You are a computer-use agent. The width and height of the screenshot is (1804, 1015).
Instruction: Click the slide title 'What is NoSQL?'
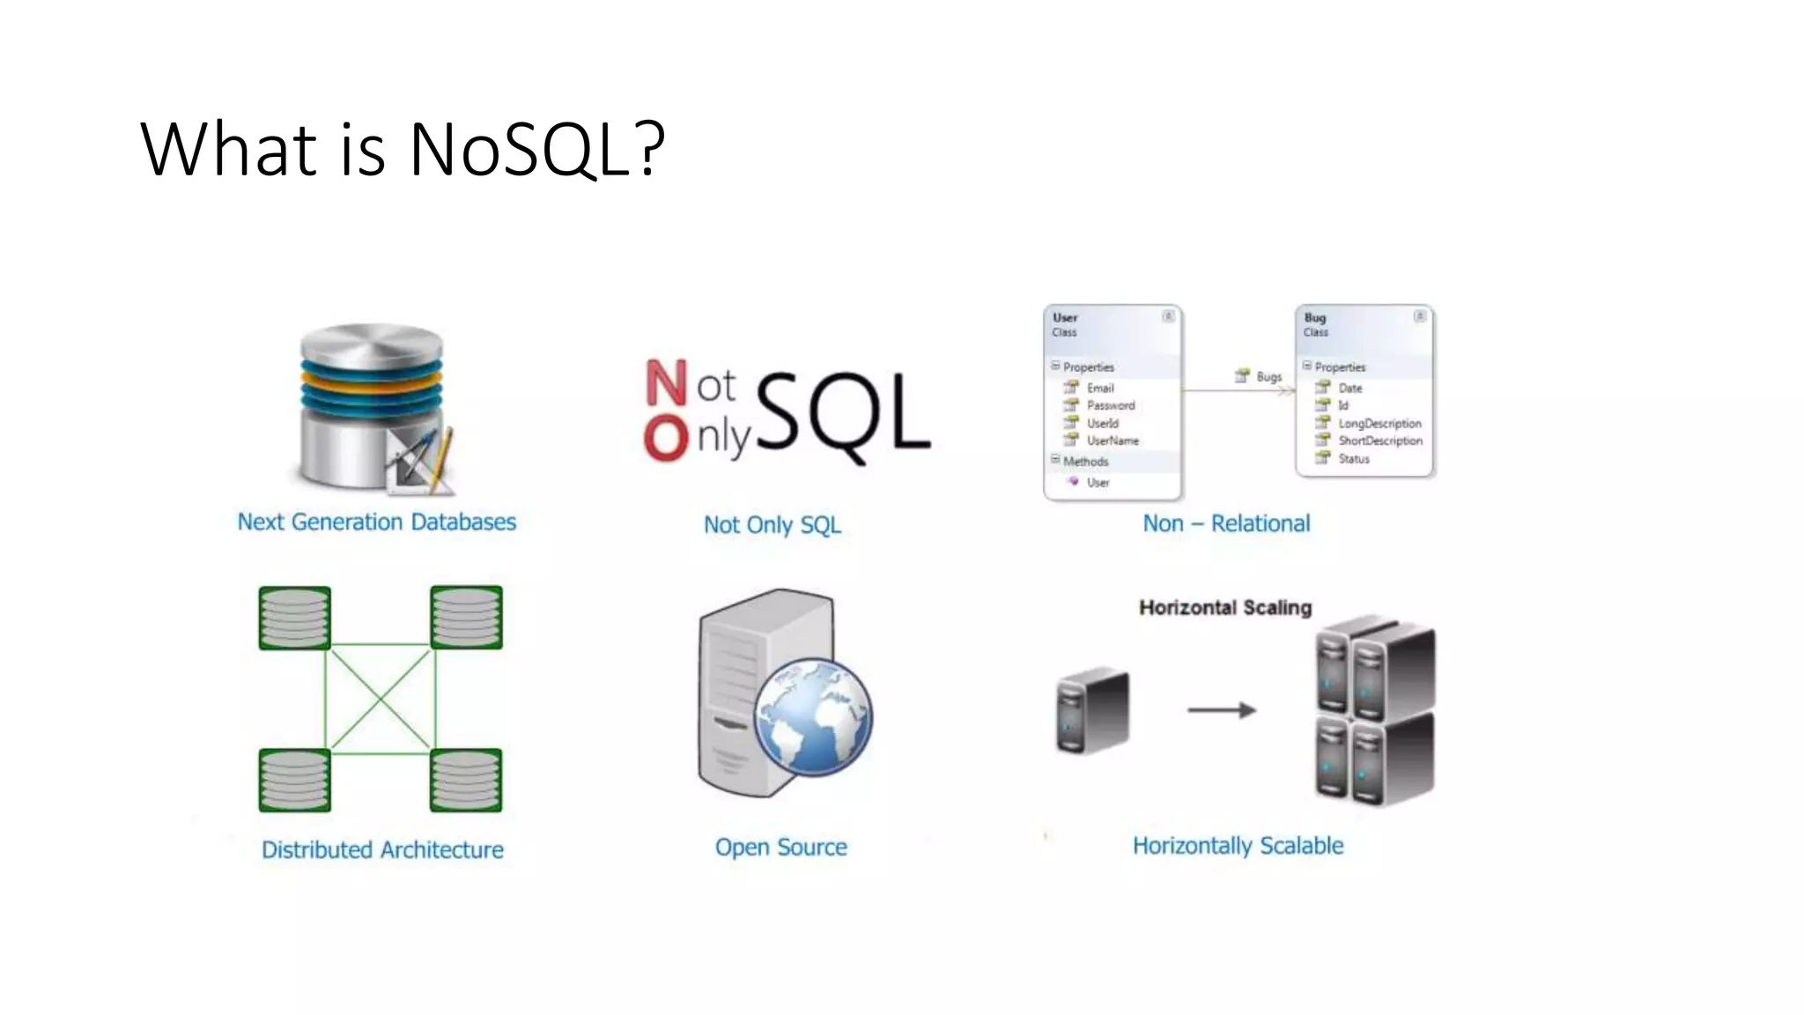pyautogui.click(x=403, y=149)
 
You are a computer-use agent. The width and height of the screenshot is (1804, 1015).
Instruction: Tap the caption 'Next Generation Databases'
pyautogui.click(x=376, y=522)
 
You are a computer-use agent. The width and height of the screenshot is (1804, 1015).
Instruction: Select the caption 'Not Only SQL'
pyautogui.click(x=772, y=525)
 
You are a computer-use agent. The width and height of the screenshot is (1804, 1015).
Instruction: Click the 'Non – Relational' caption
pyautogui.click(x=1226, y=523)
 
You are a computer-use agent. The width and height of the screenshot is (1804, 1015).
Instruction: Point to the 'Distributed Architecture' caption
pyautogui.click(x=382, y=849)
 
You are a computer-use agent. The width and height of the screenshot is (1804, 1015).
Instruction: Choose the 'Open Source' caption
pyautogui.click(x=780, y=847)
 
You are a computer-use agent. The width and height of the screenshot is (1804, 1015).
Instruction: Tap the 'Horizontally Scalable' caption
pyautogui.click(x=1238, y=846)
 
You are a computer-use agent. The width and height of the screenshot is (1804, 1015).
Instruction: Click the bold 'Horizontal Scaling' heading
pyautogui.click(x=1225, y=607)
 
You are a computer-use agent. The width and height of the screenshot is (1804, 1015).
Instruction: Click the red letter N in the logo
pyautogui.click(x=665, y=383)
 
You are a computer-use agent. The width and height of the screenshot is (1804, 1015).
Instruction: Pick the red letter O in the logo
pyautogui.click(x=665, y=438)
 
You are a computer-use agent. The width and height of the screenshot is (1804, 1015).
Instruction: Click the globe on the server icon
pyautogui.click(x=813, y=717)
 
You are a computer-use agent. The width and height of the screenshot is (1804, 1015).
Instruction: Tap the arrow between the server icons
pyautogui.click(x=1221, y=710)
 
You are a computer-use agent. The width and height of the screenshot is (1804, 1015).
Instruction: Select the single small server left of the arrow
pyautogui.click(x=1092, y=710)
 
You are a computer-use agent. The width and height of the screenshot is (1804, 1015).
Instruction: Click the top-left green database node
pyautogui.click(x=295, y=618)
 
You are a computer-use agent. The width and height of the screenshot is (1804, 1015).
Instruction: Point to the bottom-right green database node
pyautogui.click(x=466, y=780)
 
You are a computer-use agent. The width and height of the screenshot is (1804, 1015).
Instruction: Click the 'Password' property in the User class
pyautogui.click(x=1110, y=405)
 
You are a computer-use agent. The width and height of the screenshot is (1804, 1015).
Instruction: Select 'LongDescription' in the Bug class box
pyautogui.click(x=1379, y=424)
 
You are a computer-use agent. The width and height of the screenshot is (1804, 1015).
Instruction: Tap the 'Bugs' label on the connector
pyautogui.click(x=1268, y=376)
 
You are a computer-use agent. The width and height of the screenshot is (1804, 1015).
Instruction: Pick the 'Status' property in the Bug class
pyautogui.click(x=1354, y=459)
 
